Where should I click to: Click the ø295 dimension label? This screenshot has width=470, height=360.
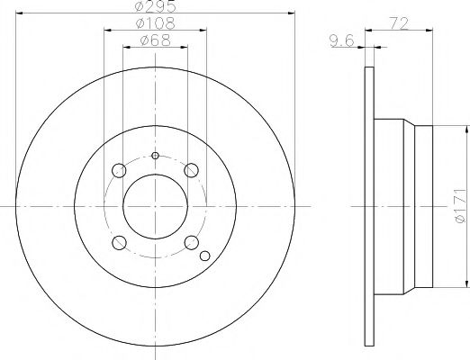coord(155,6)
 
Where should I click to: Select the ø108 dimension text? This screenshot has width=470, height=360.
coord(156,23)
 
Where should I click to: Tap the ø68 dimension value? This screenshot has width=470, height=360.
coord(156,40)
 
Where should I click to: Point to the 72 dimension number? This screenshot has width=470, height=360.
coord(399,23)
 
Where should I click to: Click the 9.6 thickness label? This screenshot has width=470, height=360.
coord(342,40)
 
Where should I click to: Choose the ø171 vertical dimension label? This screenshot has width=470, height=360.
coord(460,206)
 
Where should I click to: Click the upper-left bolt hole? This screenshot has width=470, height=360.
coord(119,170)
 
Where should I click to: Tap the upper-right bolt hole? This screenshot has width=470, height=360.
coord(191,170)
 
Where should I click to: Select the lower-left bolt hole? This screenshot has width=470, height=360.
coord(119,242)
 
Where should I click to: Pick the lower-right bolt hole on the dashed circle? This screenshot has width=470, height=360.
coord(192,242)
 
